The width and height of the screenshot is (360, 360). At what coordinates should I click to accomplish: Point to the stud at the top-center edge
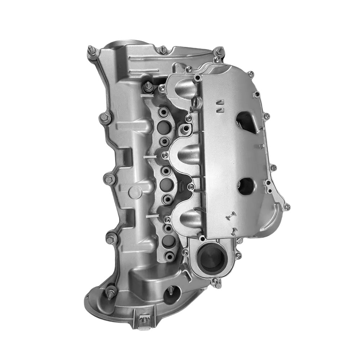click(163, 49)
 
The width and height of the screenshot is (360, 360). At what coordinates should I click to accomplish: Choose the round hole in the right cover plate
click(246, 186)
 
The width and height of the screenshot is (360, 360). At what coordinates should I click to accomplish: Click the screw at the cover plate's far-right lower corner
click(287, 207)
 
